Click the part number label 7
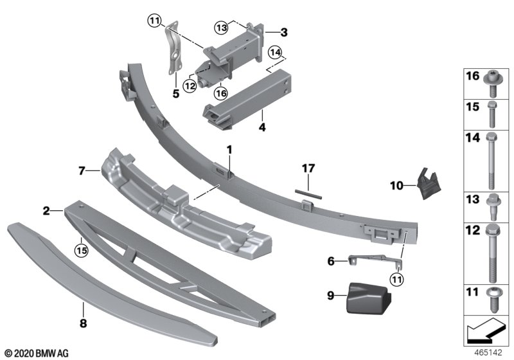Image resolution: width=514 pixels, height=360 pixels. (82, 171)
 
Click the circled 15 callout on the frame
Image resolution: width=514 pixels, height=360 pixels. (81, 247)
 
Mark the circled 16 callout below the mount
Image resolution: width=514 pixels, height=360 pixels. (220, 94)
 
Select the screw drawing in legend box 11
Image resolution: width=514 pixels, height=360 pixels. (492, 294)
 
